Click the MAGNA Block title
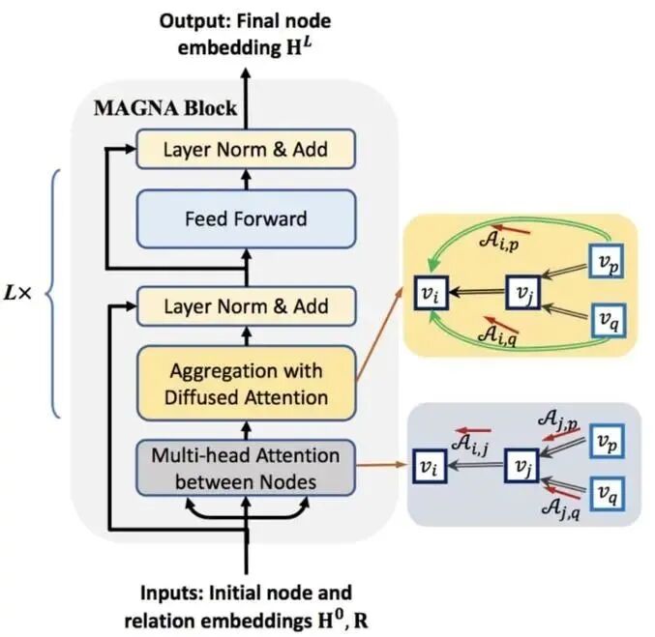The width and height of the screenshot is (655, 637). pyautogui.click(x=164, y=107)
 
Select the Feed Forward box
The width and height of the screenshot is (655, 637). pyautogui.click(x=246, y=218)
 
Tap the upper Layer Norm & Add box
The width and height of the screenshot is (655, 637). pyautogui.click(x=246, y=150)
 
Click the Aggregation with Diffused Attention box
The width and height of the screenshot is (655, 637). pyautogui.click(x=246, y=384)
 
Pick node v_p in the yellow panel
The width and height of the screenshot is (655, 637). pyautogui.click(x=605, y=261)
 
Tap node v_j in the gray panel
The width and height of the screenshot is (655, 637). pyautogui.click(x=519, y=467)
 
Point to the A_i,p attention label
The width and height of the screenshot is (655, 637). pyautogui.click(x=497, y=242)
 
